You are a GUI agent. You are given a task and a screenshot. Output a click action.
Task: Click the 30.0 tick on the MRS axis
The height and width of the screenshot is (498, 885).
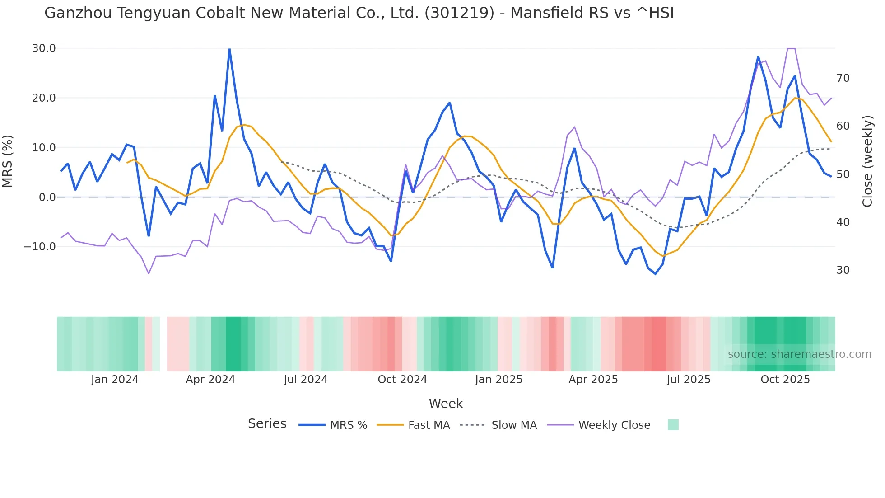point(44,48)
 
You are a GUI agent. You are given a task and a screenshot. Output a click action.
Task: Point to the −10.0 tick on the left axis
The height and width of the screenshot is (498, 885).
point(40,247)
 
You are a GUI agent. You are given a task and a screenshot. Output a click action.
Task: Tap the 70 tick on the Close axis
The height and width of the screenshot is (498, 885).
point(843,78)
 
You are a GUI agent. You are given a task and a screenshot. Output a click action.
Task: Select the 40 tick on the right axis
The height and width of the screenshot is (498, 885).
point(843,222)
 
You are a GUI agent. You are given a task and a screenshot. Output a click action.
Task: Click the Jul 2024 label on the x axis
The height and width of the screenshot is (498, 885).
point(306,380)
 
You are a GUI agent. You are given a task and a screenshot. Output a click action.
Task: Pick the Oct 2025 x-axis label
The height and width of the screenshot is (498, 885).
point(785,380)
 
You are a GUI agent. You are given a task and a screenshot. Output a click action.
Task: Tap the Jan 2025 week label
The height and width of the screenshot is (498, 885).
point(498,380)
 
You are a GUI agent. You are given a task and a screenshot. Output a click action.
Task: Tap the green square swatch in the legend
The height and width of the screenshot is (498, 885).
point(673,425)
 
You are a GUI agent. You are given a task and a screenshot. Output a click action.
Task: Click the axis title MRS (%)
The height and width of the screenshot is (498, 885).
point(8,161)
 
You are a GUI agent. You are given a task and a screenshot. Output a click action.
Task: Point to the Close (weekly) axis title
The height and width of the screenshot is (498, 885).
point(867,161)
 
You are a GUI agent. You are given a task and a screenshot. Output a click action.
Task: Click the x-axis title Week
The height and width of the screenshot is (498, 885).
point(446,404)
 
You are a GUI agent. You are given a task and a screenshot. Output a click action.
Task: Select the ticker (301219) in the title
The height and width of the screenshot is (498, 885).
point(460,13)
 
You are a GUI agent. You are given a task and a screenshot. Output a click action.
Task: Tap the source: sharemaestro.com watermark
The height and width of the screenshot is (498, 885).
point(799,354)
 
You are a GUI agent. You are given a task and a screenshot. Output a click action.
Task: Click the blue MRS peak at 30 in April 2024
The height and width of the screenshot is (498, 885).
point(229,49)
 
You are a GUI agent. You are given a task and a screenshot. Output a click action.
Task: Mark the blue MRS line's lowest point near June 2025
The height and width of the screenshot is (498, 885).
point(656,274)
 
